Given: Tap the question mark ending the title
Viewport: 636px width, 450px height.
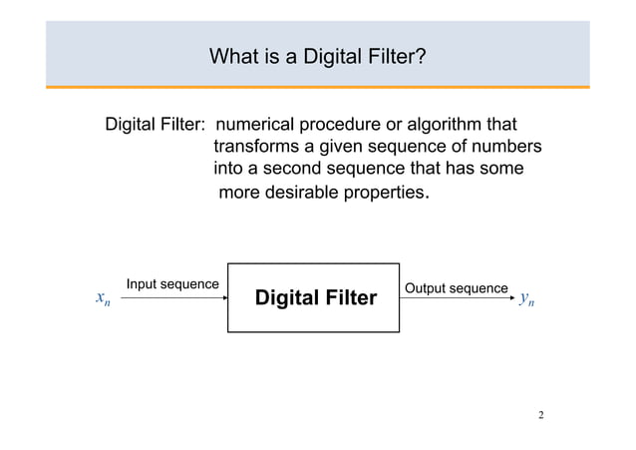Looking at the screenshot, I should pyautogui.click(x=423, y=57).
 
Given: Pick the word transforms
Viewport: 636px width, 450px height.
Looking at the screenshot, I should pyautogui.click(x=257, y=148).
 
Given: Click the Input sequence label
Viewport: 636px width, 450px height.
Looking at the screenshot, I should pyautogui.click(x=171, y=284).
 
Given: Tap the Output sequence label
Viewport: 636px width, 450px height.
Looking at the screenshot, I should pyautogui.click(x=456, y=288).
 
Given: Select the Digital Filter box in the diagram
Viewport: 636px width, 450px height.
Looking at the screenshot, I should pyautogui.click(x=313, y=297).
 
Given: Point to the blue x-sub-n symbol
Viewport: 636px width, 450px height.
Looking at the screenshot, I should pyautogui.click(x=103, y=298).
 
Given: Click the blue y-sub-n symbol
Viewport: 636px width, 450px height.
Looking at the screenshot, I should pyautogui.click(x=527, y=298).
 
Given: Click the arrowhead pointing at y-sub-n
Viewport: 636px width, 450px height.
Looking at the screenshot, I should pyautogui.click(x=509, y=297).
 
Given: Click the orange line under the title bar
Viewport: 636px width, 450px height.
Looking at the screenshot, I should pyautogui.click(x=318, y=88).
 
